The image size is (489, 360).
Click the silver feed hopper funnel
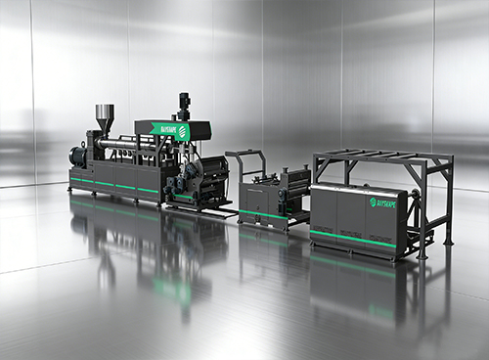point(104,116)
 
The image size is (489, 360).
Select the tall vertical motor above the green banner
point(184,106)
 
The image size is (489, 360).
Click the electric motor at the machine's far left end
point(78,156)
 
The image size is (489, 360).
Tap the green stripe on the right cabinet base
point(357,237)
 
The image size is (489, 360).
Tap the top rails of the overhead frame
point(381,156)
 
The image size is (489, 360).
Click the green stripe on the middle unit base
point(264,214)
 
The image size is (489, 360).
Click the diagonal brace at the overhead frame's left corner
point(322,165)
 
